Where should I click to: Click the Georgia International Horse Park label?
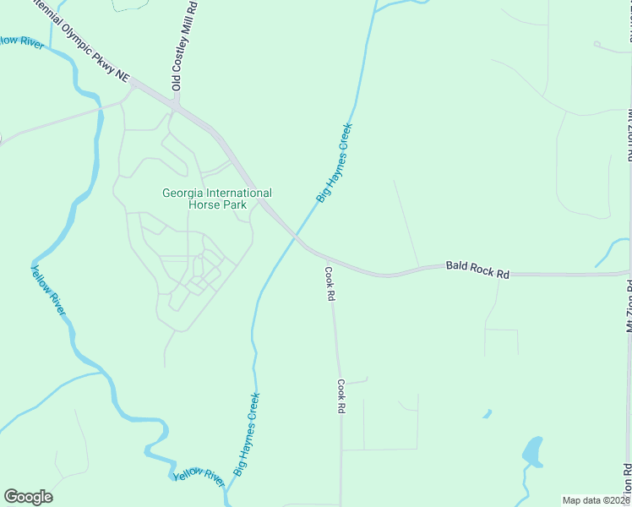point(217,199)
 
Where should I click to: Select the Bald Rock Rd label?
point(478,268)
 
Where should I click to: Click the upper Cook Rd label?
point(330,285)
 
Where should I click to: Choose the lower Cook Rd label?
point(341,395)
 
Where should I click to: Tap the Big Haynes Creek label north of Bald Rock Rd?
point(335,162)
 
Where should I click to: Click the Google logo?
point(29,497)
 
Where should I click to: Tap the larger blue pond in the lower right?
point(532,451)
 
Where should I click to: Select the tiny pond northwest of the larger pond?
point(488,414)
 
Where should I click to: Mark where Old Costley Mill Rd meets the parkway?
point(176,106)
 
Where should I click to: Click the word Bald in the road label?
point(457,266)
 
